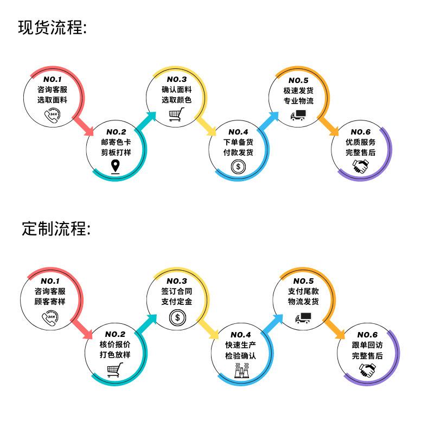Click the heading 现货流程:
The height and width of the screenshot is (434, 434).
[x=52, y=28]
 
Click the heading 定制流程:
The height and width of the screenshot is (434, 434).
[x=56, y=228]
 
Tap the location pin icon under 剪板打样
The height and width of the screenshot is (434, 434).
[x=115, y=167]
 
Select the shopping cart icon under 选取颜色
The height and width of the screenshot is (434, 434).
[x=177, y=114]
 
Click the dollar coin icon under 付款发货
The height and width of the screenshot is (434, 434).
[x=238, y=167]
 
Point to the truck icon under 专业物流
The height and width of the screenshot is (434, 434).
[x=298, y=115]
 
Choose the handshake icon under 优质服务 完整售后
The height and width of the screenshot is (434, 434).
[x=360, y=167]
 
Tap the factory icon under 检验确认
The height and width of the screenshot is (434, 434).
[x=241, y=371]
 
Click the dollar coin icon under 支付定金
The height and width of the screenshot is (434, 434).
[x=177, y=317]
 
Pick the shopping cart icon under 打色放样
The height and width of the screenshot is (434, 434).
[x=115, y=370]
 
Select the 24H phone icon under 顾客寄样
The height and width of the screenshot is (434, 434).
[x=50, y=318]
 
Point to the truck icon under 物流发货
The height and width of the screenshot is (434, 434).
[x=303, y=318]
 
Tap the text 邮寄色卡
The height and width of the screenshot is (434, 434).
[x=116, y=142]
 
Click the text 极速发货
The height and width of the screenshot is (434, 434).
[x=298, y=91]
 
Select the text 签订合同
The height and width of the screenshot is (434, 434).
[x=177, y=291]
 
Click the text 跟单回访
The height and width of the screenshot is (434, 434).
[x=367, y=345]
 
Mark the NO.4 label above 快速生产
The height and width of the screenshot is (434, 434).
[x=240, y=335]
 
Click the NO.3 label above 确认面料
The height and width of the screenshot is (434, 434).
[x=177, y=79]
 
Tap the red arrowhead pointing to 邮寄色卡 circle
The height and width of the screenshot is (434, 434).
[x=89, y=131]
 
